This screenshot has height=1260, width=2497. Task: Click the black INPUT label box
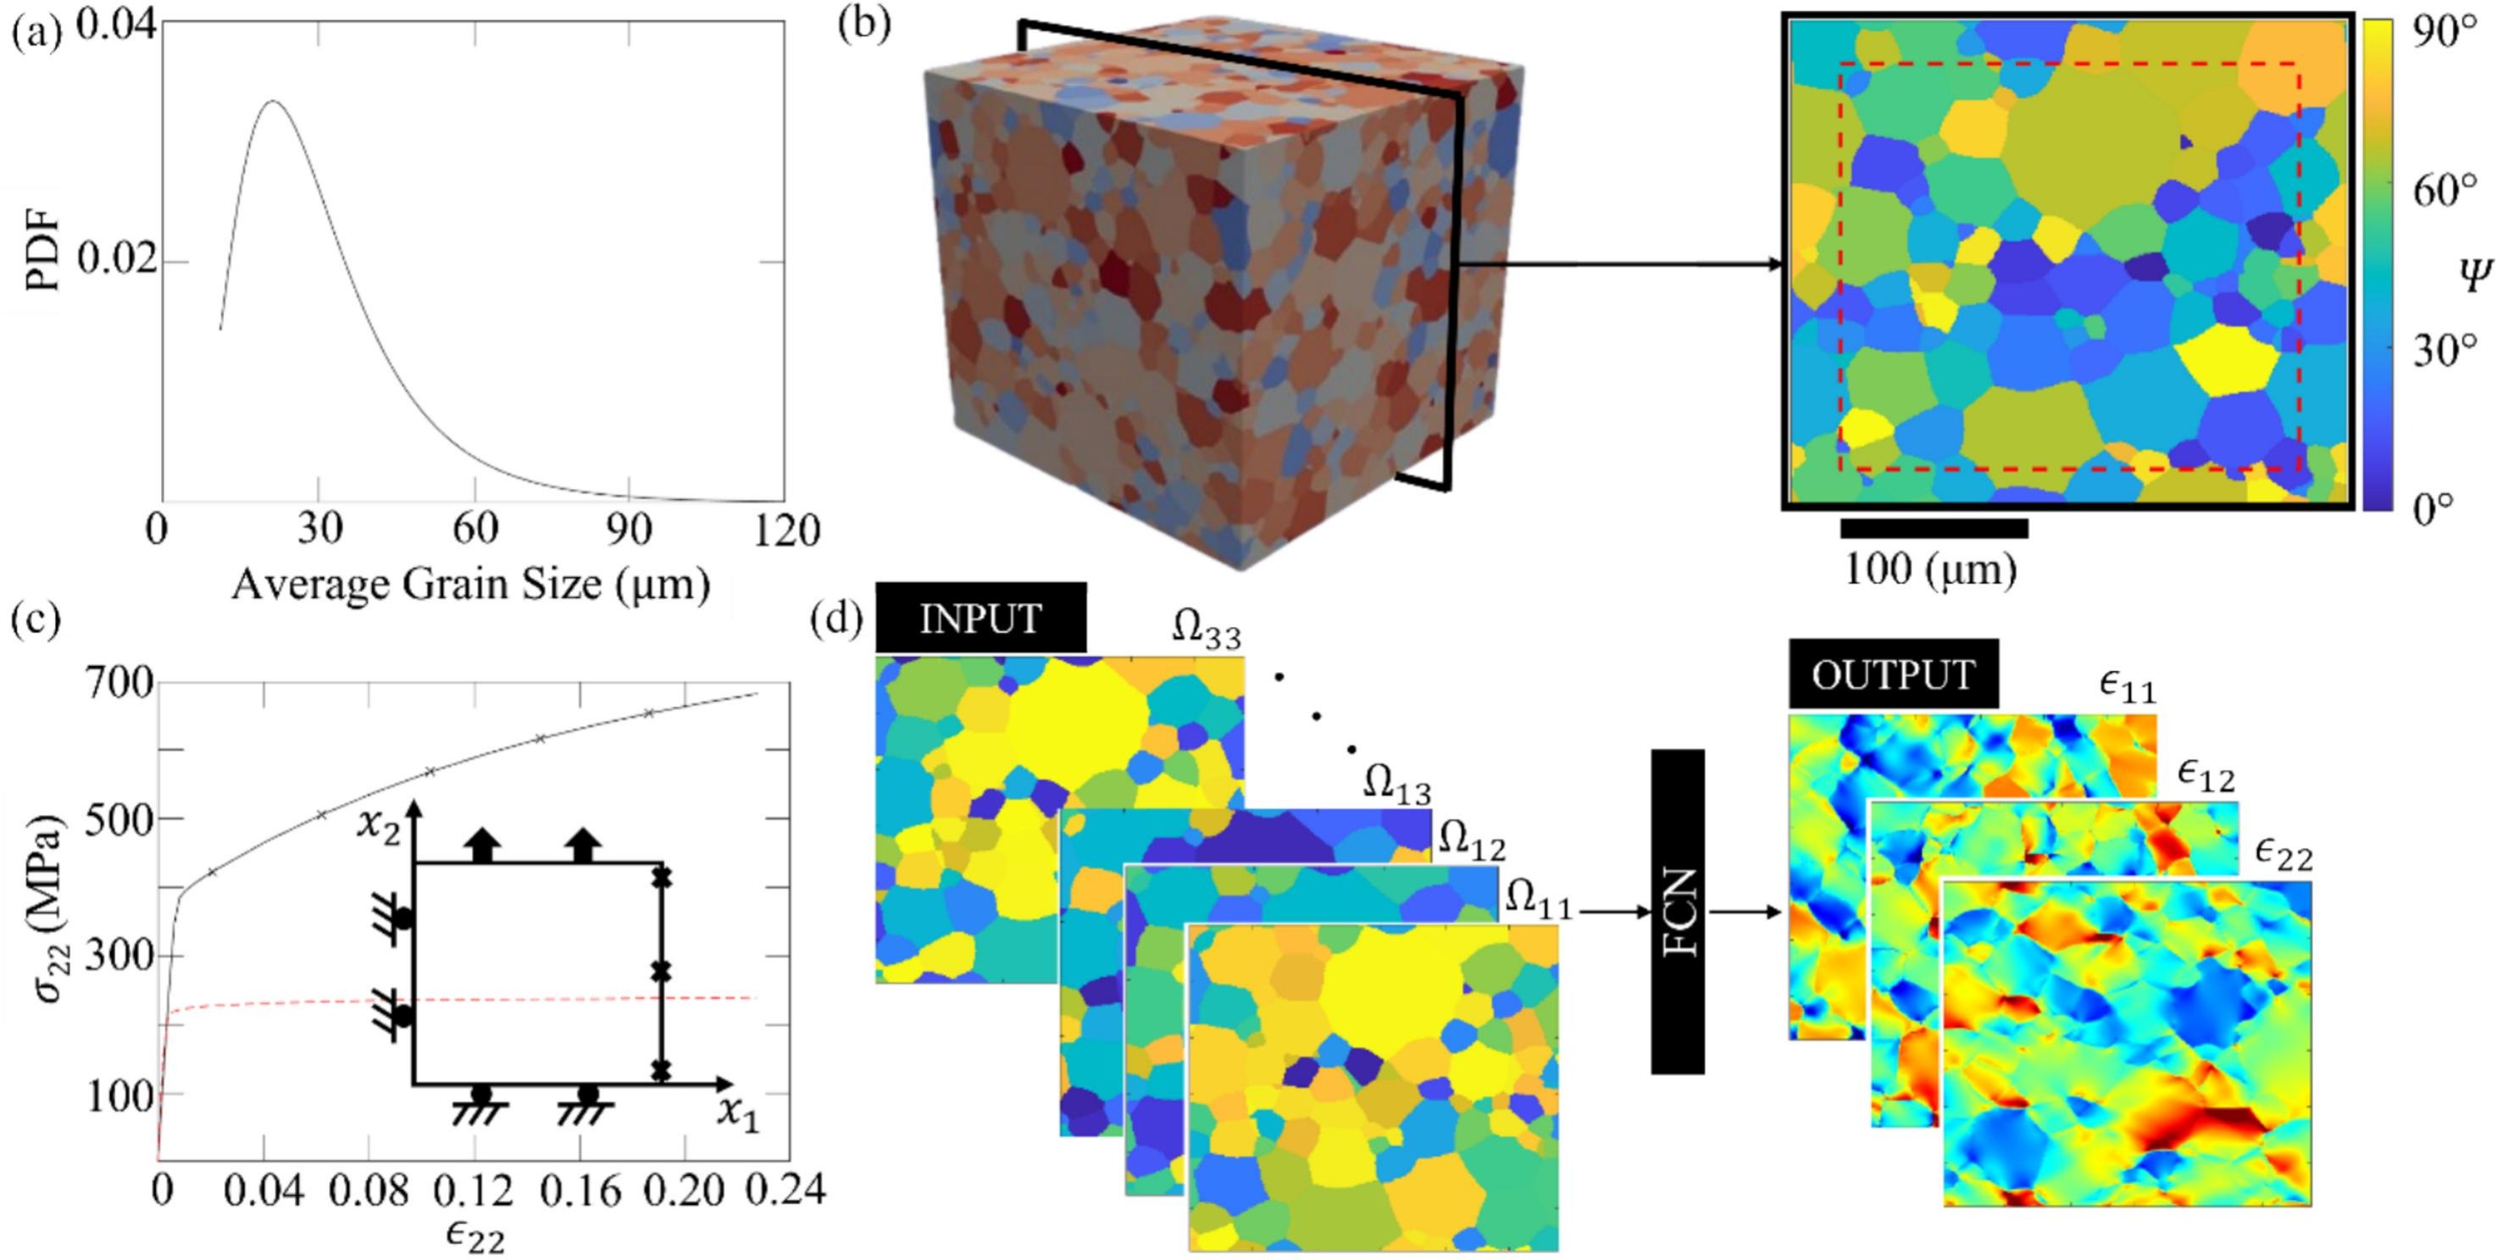[980, 619]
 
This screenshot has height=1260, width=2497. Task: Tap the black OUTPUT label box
[1892, 674]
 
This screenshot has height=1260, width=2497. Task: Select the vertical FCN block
[1677, 911]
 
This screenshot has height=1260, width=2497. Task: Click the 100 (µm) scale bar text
[1929, 570]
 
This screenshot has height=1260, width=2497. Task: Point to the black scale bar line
[1934, 528]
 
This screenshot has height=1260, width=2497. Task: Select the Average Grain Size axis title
[471, 585]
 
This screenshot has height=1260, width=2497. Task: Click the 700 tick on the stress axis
[119, 685]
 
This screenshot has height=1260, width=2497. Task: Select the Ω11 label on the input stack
[1537, 902]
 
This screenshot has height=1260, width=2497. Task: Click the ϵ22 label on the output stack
[2283, 854]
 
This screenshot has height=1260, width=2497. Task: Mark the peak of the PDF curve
[275, 101]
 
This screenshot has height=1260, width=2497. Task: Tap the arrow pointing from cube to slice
[1619, 264]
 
